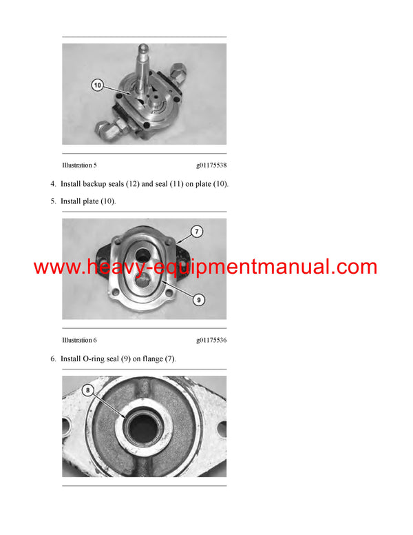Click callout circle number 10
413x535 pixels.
97,85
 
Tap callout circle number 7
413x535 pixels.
197,232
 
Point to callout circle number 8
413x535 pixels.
88,390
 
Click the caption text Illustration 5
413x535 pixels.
79,165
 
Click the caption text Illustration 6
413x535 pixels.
79,340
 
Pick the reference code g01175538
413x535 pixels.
211,165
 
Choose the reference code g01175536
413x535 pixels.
211,340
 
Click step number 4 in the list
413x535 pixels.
53,184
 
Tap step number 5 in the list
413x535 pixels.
53,201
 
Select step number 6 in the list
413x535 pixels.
53,359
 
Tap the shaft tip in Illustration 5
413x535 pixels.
147,49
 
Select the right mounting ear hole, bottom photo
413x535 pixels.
222,428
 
